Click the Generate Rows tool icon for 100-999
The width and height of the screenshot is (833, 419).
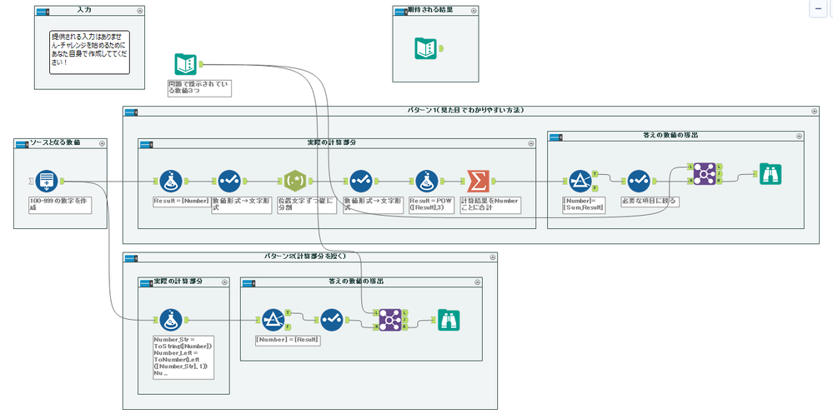pyautogui.click(x=48, y=180)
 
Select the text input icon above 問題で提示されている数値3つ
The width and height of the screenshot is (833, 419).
pyautogui.click(x=185, y=63)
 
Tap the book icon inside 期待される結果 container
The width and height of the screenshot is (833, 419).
pyautogui.click(x=425, y=48)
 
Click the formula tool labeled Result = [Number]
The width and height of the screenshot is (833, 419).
pyautogui.click(x=172, y=180)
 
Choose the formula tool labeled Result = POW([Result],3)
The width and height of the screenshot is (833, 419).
pyautogui.click(x=428, y=180)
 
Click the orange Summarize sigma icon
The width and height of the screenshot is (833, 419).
pyautogui.click(x=479, y=180)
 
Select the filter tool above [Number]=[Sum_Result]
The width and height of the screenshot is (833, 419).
pyautogui.click(x=580, y=180)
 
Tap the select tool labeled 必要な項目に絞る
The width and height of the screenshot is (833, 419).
pyautogui.click(x=638, y=180)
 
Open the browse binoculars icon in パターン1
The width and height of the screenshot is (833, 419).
pyautogui.click(x=770, y=174)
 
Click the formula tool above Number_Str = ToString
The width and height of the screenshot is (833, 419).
pyautogui.click(x=172, y=319)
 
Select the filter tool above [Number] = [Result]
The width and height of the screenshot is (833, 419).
pyautogui.click(x=273, y=319)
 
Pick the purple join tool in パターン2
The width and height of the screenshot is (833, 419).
pyautogui.click(x=389, y=319)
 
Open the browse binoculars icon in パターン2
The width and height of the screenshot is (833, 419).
pyautogui.click(x=449, y=319)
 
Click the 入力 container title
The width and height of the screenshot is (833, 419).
pyautogui.click(x=84, y=11)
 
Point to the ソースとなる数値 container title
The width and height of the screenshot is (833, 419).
pyautogui.click(x=56, y=142)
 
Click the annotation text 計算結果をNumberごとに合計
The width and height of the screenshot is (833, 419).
pyautogui.click(x=489, y=205)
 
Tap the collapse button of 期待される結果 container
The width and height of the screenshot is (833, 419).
pyautogui.click(x=473, y=11)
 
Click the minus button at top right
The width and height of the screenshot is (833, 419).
pyautogui.click(x=819, y=7)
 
